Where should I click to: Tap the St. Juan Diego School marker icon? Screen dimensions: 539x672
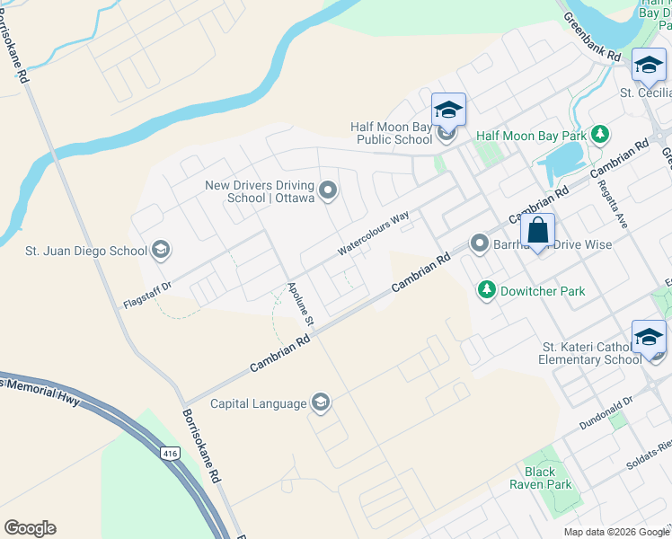162,249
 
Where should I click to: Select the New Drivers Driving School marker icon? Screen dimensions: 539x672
328,190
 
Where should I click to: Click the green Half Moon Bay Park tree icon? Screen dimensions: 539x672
601,135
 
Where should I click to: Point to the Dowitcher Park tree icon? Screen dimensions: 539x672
487,290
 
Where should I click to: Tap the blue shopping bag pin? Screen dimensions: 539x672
537,231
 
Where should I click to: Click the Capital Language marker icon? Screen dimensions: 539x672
320,402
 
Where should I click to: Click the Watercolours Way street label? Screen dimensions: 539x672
373,232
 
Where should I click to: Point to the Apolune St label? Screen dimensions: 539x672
300,304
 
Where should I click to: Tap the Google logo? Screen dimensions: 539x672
30,528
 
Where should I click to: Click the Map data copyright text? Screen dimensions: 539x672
615,532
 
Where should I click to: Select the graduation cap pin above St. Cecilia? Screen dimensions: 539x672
649,65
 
